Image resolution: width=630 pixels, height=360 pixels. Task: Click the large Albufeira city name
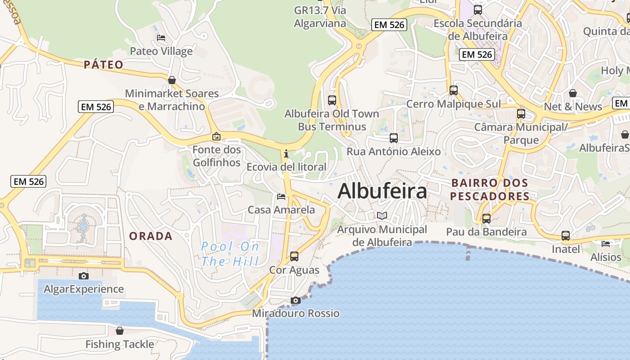(x=382, y=191)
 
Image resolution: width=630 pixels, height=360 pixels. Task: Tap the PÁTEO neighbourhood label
(x=103, y=65)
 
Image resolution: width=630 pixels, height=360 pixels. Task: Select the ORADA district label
(x=151, y=236)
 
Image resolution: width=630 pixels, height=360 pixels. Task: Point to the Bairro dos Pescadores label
(x=490, y=190)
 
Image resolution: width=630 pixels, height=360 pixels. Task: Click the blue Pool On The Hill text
(x=230, y=254)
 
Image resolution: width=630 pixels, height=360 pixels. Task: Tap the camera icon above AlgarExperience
(x=83, y=276)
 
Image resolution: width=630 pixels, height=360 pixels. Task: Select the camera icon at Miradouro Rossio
(x=295, y=300)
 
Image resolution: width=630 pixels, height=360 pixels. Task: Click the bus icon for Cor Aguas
(x=294, y=256)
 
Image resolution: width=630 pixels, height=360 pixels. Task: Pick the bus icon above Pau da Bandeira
(x=486, y=219)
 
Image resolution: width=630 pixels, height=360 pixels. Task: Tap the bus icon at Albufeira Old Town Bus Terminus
(x=332, y=100)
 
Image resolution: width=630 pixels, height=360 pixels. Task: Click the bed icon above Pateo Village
(x=161, y=38)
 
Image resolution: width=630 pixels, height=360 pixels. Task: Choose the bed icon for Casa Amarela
(x=281, y=197)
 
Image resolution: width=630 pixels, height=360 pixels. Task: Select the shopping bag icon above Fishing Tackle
(x=120, y=331)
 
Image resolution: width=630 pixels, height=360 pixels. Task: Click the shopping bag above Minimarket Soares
(x=172, y=80)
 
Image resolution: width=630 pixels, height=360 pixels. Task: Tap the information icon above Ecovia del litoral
(x=286, y=153)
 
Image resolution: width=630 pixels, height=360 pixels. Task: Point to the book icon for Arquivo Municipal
(x=382, y=216)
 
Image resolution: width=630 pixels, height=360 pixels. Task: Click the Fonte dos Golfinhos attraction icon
(x=216, y=136)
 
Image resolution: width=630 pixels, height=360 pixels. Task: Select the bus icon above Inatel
(x=566, y=235)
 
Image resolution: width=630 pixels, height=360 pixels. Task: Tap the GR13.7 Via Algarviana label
(x=320, y=17)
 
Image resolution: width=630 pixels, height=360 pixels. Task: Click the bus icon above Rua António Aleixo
(x=394, y=138)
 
